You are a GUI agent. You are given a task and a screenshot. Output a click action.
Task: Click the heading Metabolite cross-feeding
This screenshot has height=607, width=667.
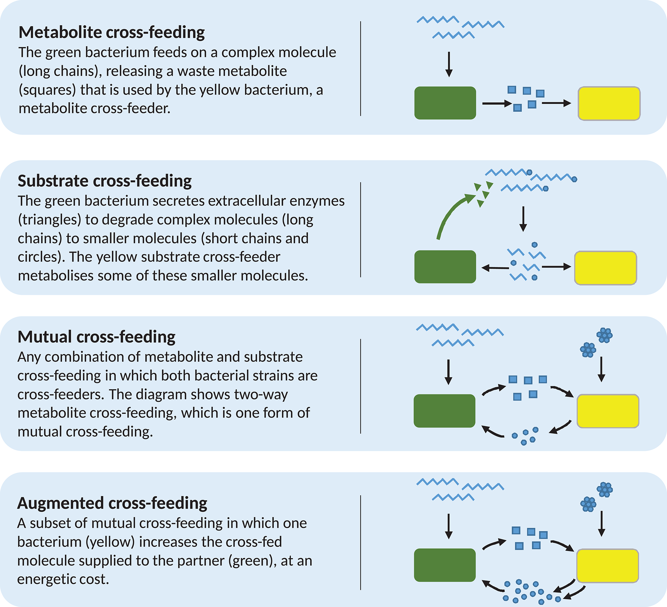[x=111, y=32]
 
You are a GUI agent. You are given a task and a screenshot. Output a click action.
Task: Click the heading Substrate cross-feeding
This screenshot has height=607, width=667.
[x=105, y=181]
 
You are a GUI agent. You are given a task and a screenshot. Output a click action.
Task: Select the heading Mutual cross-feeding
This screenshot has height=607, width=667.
[x=96, y=337]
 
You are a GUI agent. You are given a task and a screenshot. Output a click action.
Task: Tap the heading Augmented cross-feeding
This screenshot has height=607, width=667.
[x=112, y=503]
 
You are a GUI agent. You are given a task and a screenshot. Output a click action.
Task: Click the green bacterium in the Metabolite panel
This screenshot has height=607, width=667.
[x=445, y=103]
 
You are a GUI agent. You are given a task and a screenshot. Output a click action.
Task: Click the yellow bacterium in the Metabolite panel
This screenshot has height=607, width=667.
[x=609, y=104]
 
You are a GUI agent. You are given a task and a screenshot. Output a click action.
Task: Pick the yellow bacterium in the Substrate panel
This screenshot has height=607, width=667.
[x=605, y=268]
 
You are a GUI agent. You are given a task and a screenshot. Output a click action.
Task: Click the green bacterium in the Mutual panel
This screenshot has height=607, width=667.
[x=444, y=411]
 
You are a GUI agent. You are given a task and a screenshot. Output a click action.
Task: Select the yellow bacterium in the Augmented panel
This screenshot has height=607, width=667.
[x=607, y=566]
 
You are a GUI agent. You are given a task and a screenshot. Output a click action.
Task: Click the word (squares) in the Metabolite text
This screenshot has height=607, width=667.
[x=47, y=90]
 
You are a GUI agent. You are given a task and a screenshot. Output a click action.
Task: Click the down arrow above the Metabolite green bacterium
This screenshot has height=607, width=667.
[x=449, y=65]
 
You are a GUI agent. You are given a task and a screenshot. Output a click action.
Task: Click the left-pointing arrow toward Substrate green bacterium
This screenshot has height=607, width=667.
[x=495, y=268]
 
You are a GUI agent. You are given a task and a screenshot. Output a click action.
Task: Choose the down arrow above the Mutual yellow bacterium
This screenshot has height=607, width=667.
[x=601, y=369]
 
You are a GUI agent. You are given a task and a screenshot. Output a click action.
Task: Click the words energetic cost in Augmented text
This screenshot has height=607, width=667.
[x=63, y=579]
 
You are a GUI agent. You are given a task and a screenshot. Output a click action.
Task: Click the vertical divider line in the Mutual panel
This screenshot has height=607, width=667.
[x=360, y=386]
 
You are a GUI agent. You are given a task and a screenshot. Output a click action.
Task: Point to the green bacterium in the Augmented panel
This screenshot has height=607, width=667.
[x=444, y=565]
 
